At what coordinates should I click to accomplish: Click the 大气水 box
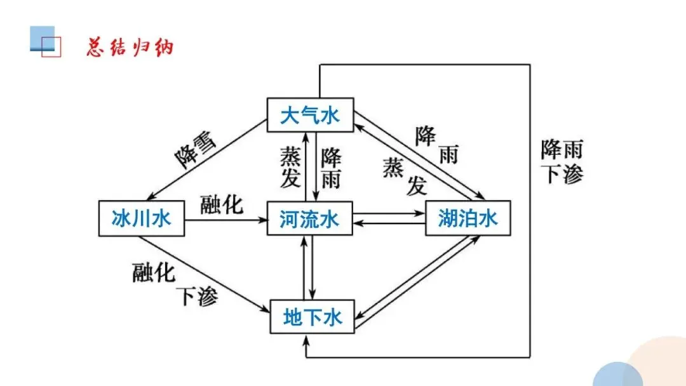tap(309, 116)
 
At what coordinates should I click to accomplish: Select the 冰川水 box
tap(141, 219)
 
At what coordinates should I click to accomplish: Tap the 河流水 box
tap(309, 219)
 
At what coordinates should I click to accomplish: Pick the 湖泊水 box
tap(467, 219)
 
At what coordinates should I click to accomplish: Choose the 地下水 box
tap(312, 316)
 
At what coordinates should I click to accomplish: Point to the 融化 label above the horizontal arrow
tap(222, 205)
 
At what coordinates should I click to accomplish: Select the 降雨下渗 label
tap(562, 163)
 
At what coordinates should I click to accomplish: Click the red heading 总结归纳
tap(130, 48)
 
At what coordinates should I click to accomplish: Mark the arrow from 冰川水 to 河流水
tap(225, 220)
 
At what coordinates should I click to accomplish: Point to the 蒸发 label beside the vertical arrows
tap(290, 167)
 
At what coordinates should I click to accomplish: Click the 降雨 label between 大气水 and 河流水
tap(330, 168)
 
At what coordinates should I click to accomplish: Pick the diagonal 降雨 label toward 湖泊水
tap(436, 145)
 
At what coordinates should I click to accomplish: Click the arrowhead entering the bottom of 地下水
tap(307, 339)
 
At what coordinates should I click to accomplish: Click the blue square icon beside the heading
tap(43, 39)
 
